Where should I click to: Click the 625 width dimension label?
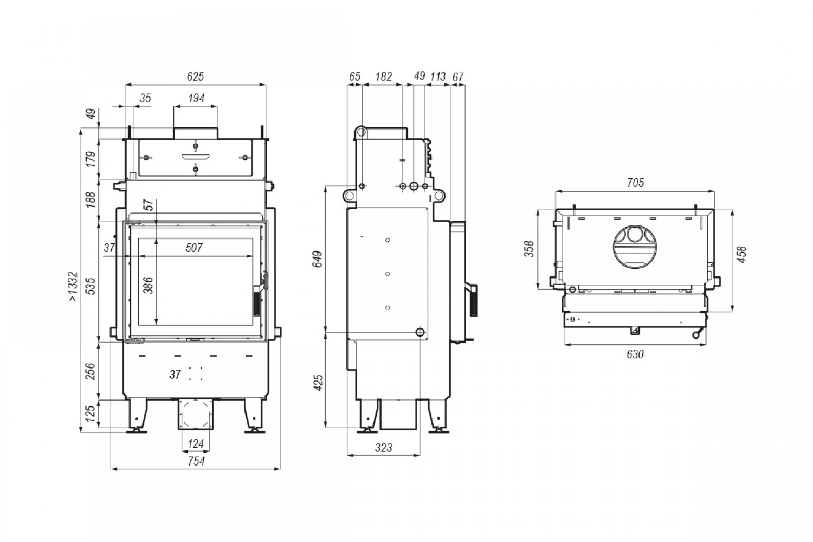pos(195,76)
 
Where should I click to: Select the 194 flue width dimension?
pos(196,98)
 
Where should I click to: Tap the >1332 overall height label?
pos(73,286)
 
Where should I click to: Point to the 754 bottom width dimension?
pos(196,461)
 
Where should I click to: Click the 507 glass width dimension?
pos(194,248)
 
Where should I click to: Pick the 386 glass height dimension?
pos(148,285)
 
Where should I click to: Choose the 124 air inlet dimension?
pos(196,443)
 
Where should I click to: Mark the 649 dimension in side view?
pos(318,259)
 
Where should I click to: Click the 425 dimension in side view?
pos(318,383)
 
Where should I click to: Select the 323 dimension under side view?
pos(384,448)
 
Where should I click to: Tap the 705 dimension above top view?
pos(636,183)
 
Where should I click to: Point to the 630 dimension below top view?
pos(635,354)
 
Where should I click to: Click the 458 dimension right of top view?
pos(742,255)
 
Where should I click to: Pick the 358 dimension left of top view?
pos(530,249)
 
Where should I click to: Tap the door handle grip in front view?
pos(256,304)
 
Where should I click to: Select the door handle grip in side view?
pos(474,301)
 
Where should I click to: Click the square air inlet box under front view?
pos(196,414)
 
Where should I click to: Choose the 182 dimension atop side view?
pos(384,76)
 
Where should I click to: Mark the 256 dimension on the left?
pos(89,371)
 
